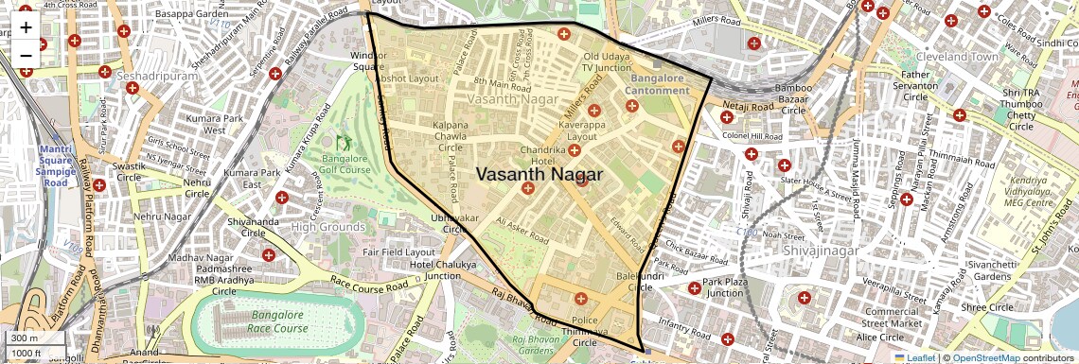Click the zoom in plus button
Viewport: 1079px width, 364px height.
click(x=26, y=26)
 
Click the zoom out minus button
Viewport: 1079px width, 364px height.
click(x=26, y=55)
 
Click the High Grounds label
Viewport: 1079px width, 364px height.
click(x=327, y=227)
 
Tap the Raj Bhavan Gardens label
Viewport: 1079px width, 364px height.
click(x=543, y=344)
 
